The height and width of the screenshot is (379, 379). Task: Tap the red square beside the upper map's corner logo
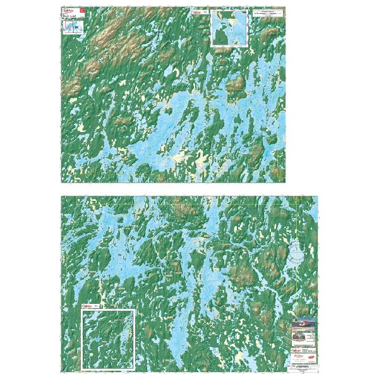(81, 11)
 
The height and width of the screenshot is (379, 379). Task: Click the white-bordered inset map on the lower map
(108, 339)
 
